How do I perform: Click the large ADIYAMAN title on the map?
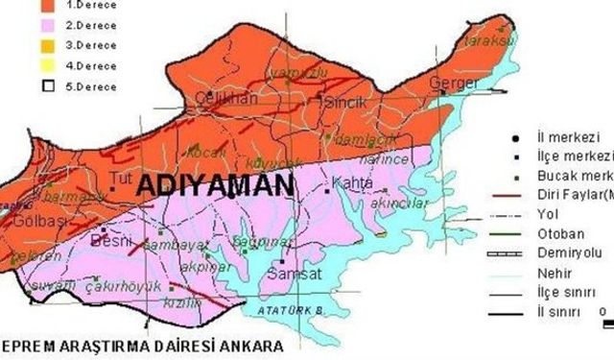[212, 186]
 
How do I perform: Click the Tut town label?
[120, 178]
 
